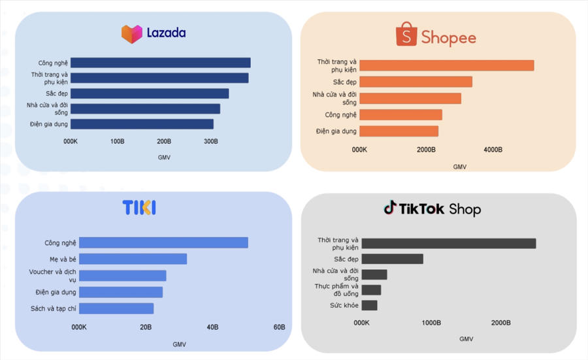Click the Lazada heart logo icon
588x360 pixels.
pyautogui.click(x=131, y=34)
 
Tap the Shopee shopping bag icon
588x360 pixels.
pyautogui.click(x=406, y=35)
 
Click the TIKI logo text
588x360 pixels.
pyautogui.click(x=139, y=208)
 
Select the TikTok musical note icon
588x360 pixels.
pyautogui.click(x=389, y=208)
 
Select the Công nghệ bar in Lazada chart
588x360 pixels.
pyautogui.click(x=160, y=63)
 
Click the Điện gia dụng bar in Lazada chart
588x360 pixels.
pyautogui.click(x=142, y=124)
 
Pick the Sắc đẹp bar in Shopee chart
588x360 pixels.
pyautogui.click(x=416, y=82)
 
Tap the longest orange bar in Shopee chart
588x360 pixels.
pyautogui.click(x=446, y=65)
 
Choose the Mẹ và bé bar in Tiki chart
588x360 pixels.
pyautogui.click(x=133, y=259)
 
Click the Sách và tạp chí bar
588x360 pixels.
pyautogui.click(x=116, y=308)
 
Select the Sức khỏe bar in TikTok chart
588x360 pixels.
pyautogui.click(x=369, y=305)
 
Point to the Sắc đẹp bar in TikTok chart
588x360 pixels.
pyautogui.click(x=392, y=259)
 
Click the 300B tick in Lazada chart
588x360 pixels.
pyautogui.click(x=210, y=141)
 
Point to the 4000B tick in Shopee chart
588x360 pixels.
pyautogui.click(x=493, y=150)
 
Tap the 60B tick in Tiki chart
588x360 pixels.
pyautogui.click(x=279, y=327)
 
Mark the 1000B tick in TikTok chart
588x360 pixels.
pyautogui.click(x=431, y=323)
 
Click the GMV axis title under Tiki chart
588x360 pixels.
pyautogui.click(x=179, y=344)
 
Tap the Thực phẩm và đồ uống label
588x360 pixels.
pyautogui.click(x=336, y=289)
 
